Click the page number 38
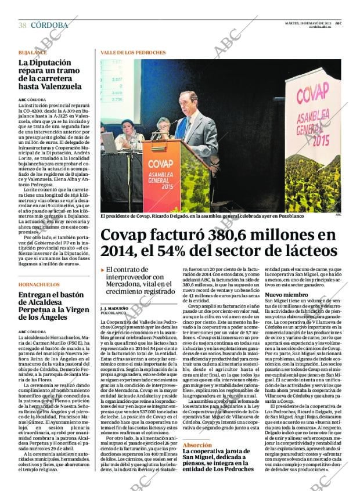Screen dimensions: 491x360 [x=22, y=25]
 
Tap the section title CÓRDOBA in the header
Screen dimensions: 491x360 [x=49, y=25]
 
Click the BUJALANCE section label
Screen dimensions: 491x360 [x=33, y=52]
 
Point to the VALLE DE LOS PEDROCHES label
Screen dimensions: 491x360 [x=133, y=52]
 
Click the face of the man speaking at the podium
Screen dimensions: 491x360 [x=188, y=103]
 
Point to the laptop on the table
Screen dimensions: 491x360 [x=109, y=143]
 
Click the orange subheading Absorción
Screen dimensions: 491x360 [x=197, y=445]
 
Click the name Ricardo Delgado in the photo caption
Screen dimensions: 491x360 [x=174, y=216]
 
